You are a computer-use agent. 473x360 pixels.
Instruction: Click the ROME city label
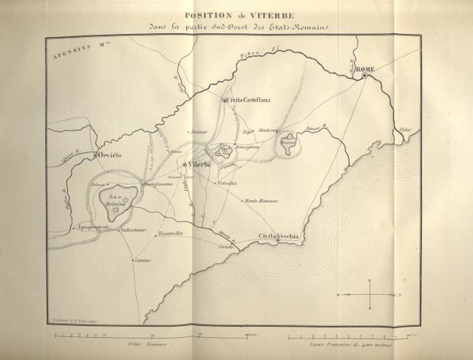(366, 69)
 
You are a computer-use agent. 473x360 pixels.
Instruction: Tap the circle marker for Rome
(364, 75)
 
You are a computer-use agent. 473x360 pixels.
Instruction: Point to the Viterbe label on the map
(200, 163)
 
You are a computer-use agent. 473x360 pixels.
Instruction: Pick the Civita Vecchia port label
(278, 236)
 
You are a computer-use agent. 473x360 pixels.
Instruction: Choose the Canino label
(143, 260)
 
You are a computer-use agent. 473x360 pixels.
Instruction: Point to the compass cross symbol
(369, 294)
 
